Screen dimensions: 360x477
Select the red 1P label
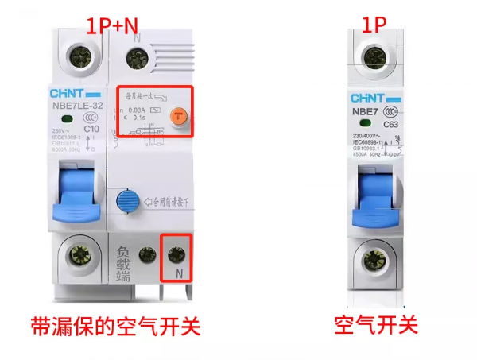[375, 23]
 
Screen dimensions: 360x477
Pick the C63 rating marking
[391, 125]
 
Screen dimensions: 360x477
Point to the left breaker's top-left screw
[79, 56]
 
